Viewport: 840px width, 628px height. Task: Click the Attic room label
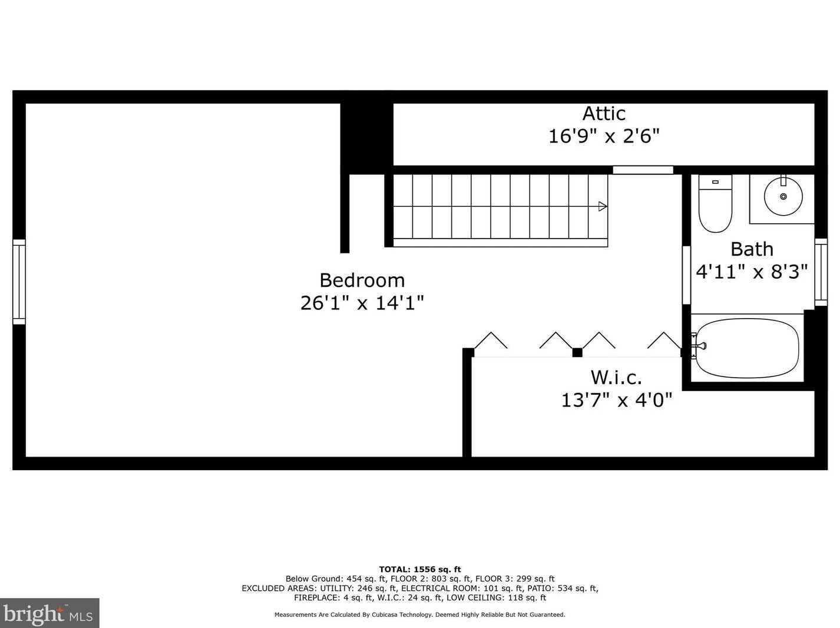click(x=604, y=113)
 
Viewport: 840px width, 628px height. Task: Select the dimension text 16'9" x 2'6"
click(x=604, y=137)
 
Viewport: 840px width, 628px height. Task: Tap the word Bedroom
click(x=362, y=280)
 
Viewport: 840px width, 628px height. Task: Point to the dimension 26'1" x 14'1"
click(x=362, y=303)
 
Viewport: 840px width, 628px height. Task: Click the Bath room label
click(x=752, y=249)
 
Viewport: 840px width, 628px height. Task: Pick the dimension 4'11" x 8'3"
click(x=752, y=272)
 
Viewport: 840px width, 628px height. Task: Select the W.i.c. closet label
click(x=616, y=377)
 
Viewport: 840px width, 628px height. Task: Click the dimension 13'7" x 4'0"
click(x=616, y=401)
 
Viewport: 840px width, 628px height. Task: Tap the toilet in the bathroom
click(x=715, y=203)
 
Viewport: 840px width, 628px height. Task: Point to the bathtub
click(x=747, y=348)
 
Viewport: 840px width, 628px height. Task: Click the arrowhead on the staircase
click(x=603, y=206)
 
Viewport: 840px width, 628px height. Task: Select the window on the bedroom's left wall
click(x=19, y=282)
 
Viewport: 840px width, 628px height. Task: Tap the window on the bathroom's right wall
click(x=821, y=272)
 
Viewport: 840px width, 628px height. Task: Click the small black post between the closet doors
click(x=577, y=352)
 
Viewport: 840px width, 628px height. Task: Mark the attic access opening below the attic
click(x=643, y=170)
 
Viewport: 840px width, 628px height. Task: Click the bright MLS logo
click(x=49, y=613)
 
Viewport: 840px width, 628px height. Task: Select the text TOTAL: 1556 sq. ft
click(x=419, y=569)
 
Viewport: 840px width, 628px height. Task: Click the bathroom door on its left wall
click(x=686, y=275)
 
